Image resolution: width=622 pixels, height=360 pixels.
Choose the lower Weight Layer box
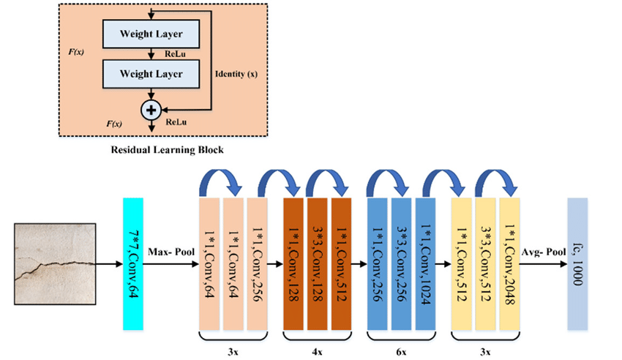pos(152,73)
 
